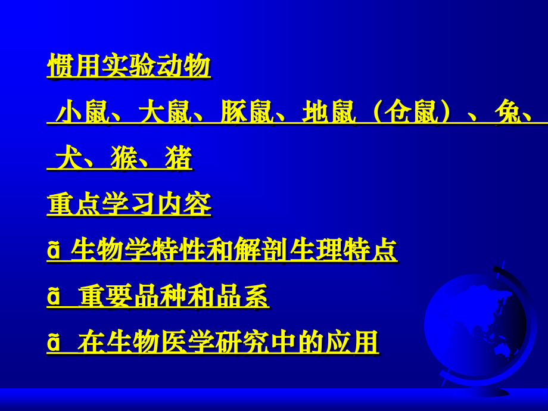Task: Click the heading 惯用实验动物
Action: coord(129,66)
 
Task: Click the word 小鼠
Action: coord(84,112)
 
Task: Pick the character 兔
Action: coord(507,112)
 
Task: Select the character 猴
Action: coord(124,158)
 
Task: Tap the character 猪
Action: coord(179,158)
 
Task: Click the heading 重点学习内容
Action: coord(129,205)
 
